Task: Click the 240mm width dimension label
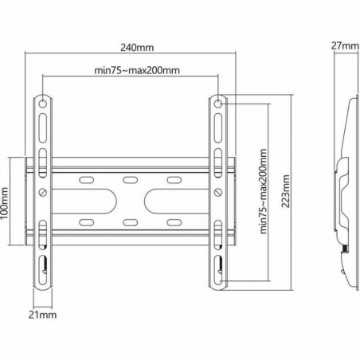(x=132, y=45)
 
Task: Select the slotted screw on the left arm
(x=42, y=193)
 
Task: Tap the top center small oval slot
(x=130, y=181)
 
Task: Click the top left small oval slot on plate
(x=86, y=181)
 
